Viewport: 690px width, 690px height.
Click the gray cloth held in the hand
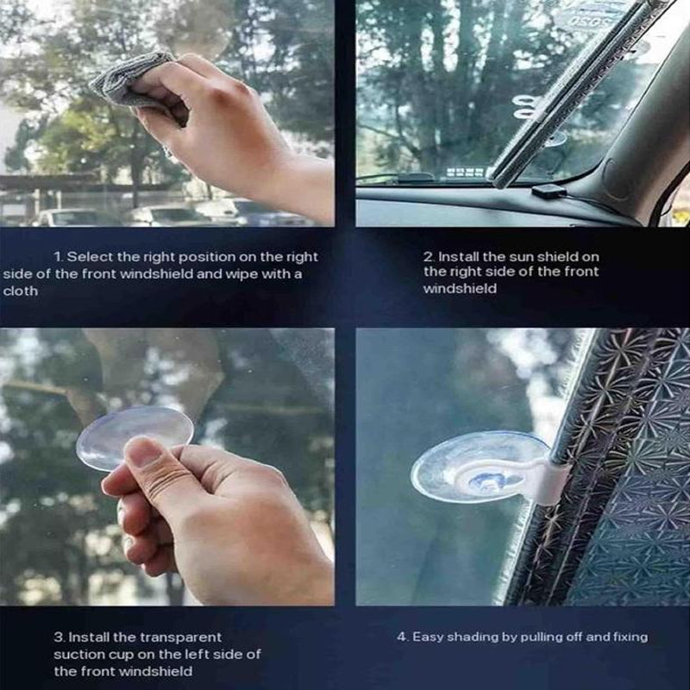tap(129, 82)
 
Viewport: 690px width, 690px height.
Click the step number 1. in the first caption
tap(59, 257)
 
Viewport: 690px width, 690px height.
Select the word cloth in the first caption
tap(21, 292)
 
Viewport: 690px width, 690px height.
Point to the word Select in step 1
tap(88, 257)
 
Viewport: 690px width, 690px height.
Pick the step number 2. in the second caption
tap(428, 257)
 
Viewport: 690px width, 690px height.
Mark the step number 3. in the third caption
tap(60, 637)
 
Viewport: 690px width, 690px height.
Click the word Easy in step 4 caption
tap(427, 637)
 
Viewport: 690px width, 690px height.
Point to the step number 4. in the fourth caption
tap(402, 637)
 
